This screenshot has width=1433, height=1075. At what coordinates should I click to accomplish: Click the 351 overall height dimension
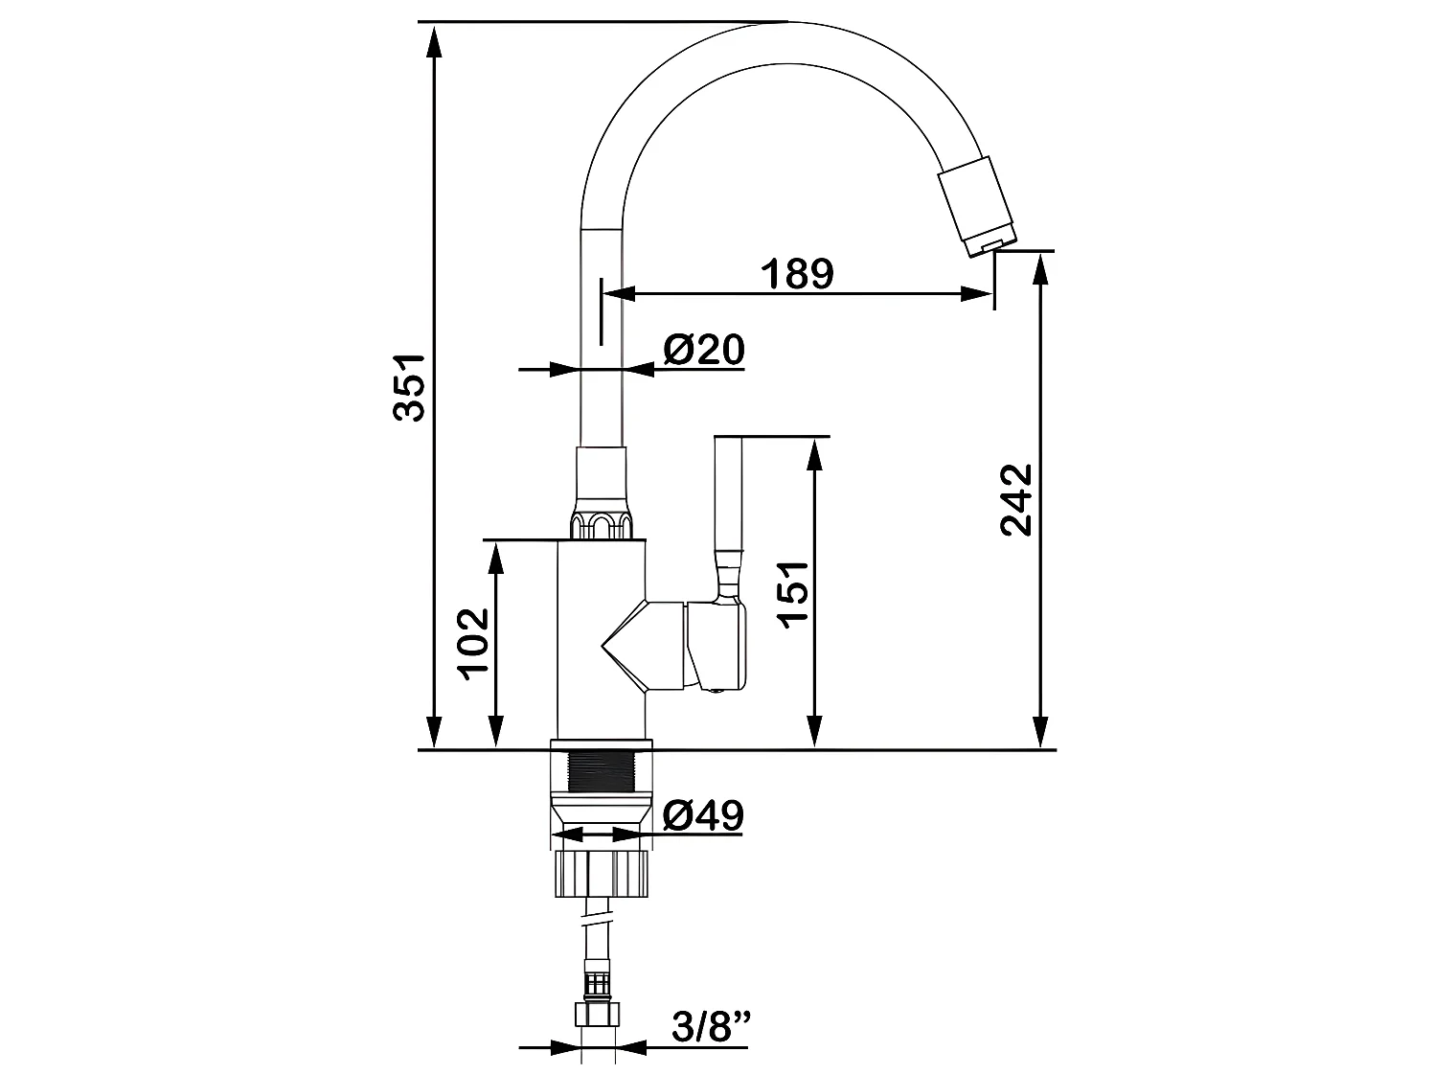pyautogui.click(x=409, y=388)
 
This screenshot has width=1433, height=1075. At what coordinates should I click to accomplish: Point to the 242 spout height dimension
pyautogui.click(x=1015, y=500)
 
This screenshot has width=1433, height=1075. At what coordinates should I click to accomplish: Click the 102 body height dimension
pyautogui.click(x=474, y=644)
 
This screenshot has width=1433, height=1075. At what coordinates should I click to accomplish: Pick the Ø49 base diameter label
pyautogui.click(x=703, y=815)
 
